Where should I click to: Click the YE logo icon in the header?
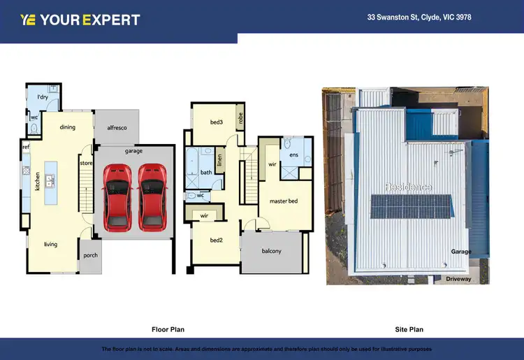click(x=28, y=20)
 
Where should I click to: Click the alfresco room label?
click(x=117, y=128)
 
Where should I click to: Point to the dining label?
click(x=68, y=127)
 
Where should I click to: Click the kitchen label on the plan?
click(x=29, y=182)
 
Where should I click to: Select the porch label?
click(x=90, y=255)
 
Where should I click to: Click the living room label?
click(x=50, y=244)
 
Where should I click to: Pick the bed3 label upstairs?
click(x=217, y=122)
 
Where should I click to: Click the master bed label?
click(x=284, y=201)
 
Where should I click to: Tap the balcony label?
click(x=271, y=251)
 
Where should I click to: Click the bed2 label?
click(x=217, y=240)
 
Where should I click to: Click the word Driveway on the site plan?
click(x=458, y=279)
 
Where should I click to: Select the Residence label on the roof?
click(x=409, y=187)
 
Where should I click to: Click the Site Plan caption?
click(x=409, y=329)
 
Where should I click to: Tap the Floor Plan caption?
click(x=168, y=329)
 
